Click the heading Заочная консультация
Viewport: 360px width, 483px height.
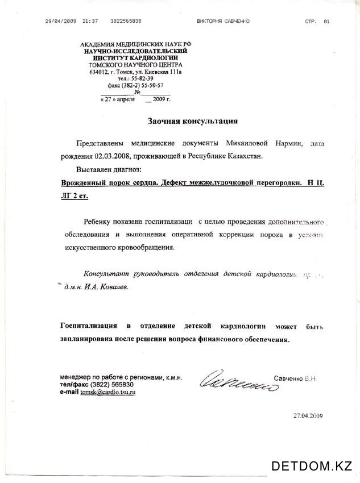pos(193,121)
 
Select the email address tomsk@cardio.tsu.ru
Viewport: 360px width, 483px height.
pos(108,392)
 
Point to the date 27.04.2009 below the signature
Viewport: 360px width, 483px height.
pos(308,416)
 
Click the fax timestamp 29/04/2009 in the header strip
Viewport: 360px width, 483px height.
pos(61,21)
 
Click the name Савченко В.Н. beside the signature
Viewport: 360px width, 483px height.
pos(295,377)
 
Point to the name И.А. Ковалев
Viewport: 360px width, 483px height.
pos(106,288)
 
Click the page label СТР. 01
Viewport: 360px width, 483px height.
pos(317,21)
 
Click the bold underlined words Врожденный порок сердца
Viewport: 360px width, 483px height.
pos(108,183)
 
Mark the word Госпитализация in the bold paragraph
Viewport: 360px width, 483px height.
pos(89,326)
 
